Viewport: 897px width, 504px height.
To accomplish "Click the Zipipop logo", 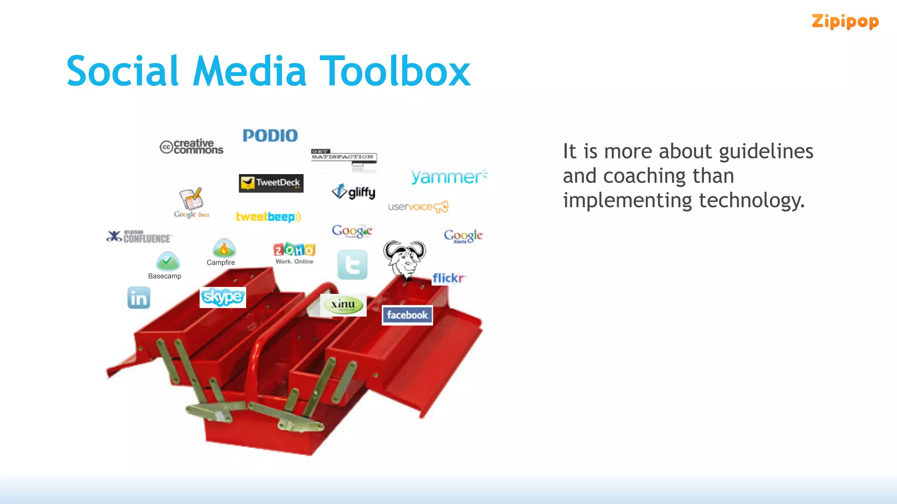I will point(845,21).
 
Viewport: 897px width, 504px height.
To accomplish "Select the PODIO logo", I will point(270,136).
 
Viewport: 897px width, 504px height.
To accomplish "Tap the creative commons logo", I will point(191,147).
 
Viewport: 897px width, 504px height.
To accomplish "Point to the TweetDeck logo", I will point(271,183).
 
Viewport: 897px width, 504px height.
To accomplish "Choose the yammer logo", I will point(449,176).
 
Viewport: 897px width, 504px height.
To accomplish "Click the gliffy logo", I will point(353,192).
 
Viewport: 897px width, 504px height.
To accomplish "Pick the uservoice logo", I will point(418,206).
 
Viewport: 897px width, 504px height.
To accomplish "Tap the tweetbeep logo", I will point(268,217).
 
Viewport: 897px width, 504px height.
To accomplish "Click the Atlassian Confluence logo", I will point(139,237).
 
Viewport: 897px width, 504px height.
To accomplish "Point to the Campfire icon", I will point(224,248).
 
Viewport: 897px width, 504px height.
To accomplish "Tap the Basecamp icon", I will point(168,262).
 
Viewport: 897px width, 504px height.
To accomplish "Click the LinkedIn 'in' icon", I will point(139,298).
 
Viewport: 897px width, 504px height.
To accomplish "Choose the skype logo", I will point(222,297).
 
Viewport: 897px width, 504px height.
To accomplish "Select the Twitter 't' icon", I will point(353,265).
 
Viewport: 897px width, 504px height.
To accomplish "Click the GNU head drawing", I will point(404,259).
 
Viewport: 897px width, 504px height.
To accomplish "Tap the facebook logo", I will point(407,315).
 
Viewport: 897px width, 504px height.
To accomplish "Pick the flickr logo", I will point(448,278).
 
